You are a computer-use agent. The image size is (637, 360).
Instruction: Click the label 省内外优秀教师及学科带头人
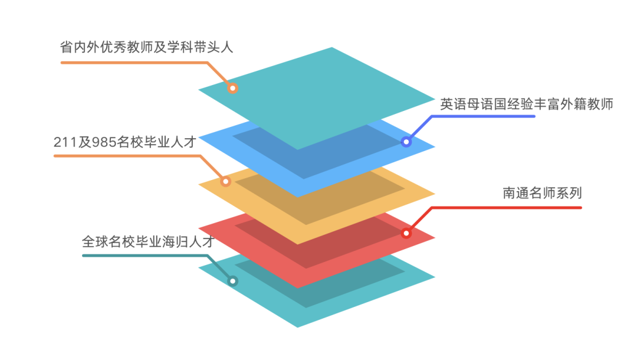[147, 47]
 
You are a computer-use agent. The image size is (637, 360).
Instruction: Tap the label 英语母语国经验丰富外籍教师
[527, 104]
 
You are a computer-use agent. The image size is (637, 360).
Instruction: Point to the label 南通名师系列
[542, 193]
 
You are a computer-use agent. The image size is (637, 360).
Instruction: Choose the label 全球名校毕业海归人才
[147, 241]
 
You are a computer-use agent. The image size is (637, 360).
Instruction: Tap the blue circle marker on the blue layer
[406, 142]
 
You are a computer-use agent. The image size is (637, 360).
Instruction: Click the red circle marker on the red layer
[406, 233]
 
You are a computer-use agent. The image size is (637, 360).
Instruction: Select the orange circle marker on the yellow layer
[225, 181]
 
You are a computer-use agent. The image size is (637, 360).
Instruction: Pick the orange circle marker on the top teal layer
[232, 89]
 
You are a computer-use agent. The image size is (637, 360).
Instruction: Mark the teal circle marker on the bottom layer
[233, 281]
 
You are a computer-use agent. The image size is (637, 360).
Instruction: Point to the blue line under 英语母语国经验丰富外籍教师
[484, 116]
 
